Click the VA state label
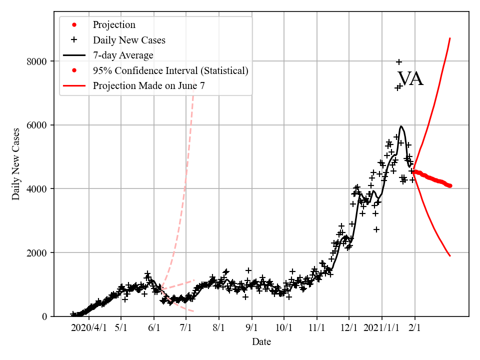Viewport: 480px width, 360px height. pyautogui.click(x=410, y=79)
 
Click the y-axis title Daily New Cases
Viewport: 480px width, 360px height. pyautogui.click(x=16, y=164)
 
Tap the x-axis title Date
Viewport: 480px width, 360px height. pyautogui.click(x=261, y=342)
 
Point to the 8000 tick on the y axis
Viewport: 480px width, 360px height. pyautogui.click(x=43, y=61)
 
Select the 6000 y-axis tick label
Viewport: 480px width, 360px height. pyautogui.click(x=43, y=125)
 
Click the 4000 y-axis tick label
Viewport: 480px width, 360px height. pyautogui.click(x=43, y=189)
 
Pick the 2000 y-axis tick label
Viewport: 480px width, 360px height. pyautogui.click(x=43, y=252)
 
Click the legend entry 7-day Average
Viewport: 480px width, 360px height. pyautogui.click(x=123, y=55)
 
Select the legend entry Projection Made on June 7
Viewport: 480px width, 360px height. pyautogui.click(x=148, y=85)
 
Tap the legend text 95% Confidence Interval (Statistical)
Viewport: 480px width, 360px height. pyautogui.click(x=170, y=70)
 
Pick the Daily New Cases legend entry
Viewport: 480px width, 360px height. pyautogui.click(x=129, y=40)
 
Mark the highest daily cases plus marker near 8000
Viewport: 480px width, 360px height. pyautogui.click(x=399, y=62)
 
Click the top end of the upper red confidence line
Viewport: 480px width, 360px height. pyautogui.click(x=450, y=38)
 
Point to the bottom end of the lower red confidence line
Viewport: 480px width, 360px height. pyautogui.click(x=450, y=256)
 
